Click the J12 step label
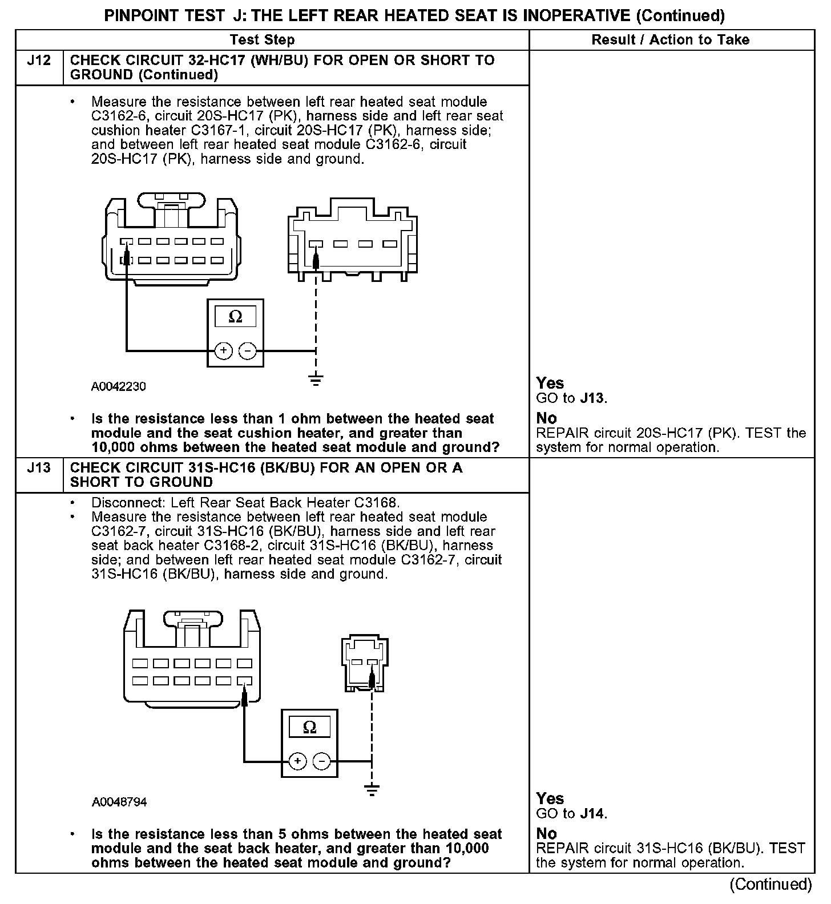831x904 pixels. [39, 60]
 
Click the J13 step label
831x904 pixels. [39, 468]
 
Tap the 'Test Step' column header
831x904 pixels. [262, 40]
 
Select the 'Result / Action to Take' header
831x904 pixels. [671, 40]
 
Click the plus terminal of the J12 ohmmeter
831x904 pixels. [223, 351]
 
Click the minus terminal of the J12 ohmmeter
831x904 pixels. [247, 351]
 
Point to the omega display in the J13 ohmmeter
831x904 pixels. [309, 727]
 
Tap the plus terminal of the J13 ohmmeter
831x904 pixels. [297, 761]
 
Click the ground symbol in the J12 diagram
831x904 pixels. [316, 379]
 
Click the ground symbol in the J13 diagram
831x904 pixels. [372, 790]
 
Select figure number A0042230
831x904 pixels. [119, 387]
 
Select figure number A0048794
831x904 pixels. [119, 802]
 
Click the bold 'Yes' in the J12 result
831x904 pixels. [550, 383]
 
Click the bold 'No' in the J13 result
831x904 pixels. [546, 833]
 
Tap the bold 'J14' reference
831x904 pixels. [592, 814]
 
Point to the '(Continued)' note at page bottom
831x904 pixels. [771, 884]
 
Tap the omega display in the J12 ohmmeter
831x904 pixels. [235, 317]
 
